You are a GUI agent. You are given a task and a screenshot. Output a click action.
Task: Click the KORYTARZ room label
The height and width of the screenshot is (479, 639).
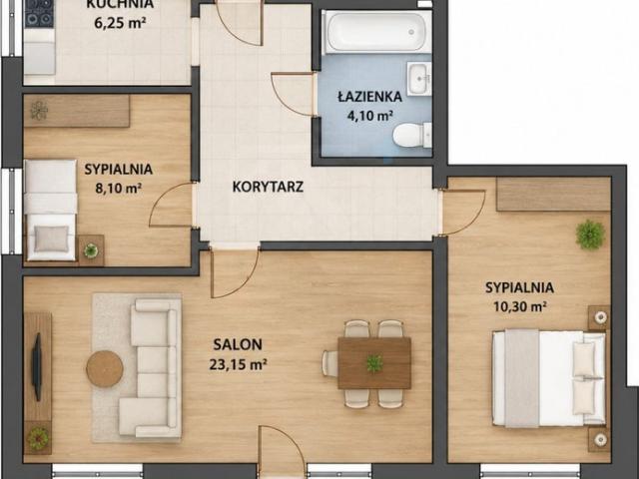pyautogui.click(x=268, y=187)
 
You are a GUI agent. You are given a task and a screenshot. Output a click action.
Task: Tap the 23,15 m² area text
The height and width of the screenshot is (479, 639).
pyautogui.click(x=238, y=363)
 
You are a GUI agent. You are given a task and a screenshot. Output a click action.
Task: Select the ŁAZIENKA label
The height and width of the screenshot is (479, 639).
pyautogui.click(x=369, y=97)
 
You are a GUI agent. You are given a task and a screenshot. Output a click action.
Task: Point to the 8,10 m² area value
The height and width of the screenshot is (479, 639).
pyautogui.click(x=118, y=189)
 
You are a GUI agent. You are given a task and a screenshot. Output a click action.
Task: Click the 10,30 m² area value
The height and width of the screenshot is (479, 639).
pyautogui.click(x=519, y=306)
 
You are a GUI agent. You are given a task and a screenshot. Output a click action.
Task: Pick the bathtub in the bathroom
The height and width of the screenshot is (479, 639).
pyautogui.click(x=376, y=32)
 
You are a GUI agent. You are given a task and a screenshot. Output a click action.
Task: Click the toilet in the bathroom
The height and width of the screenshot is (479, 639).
pyautogui.click(x=412, y=136)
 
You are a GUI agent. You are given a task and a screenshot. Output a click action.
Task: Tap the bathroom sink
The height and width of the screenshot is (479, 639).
pyautogui.click(x=419, y=79)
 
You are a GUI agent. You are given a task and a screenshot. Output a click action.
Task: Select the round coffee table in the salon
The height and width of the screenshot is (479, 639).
pyautogui.click(x=105, y=368)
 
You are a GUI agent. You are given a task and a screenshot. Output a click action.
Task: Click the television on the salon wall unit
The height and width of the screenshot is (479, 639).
pyautogui.click(x=37, y=367)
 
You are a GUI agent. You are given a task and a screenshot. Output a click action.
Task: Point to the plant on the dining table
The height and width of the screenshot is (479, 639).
pyautogui.click(x=374, y=363)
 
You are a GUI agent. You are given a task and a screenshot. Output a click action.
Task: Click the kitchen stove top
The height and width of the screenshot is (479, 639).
pyautogui.click(x=39, y=13)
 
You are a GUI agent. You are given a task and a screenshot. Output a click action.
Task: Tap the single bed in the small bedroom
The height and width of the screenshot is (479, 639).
pyautogui.click(x=51, y=210)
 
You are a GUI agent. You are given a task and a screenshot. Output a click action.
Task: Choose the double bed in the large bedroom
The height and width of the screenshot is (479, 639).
pyautogui.click(x=549, y=378)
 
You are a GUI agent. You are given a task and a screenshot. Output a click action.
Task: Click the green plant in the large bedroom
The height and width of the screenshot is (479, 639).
pyautogui.click(x=590, y=235)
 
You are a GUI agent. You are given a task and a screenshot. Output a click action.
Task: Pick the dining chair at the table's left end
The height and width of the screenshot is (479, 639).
pyautogui.click(x=329, y=363)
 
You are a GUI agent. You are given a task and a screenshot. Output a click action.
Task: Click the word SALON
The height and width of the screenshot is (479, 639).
pyautogui.click(x=238, y=344)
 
